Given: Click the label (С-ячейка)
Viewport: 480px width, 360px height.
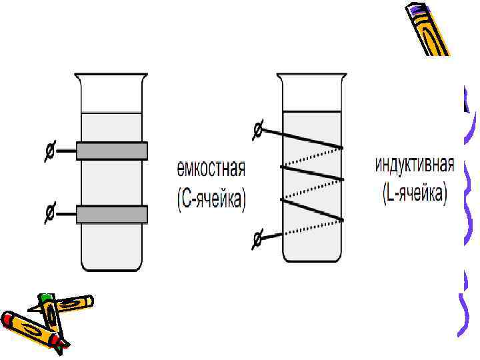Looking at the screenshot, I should [211, 201].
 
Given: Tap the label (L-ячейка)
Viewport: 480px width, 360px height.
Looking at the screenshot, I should [415, 195].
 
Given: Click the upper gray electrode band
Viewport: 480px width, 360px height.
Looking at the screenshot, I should [111, 151].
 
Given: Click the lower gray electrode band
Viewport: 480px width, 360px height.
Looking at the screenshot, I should [111, 214].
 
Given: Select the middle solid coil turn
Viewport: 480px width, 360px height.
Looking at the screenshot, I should [312, 172].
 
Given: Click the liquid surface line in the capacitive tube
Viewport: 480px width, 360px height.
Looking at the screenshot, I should [111, 113].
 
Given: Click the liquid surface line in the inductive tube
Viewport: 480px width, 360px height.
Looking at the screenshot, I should [312, 111].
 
